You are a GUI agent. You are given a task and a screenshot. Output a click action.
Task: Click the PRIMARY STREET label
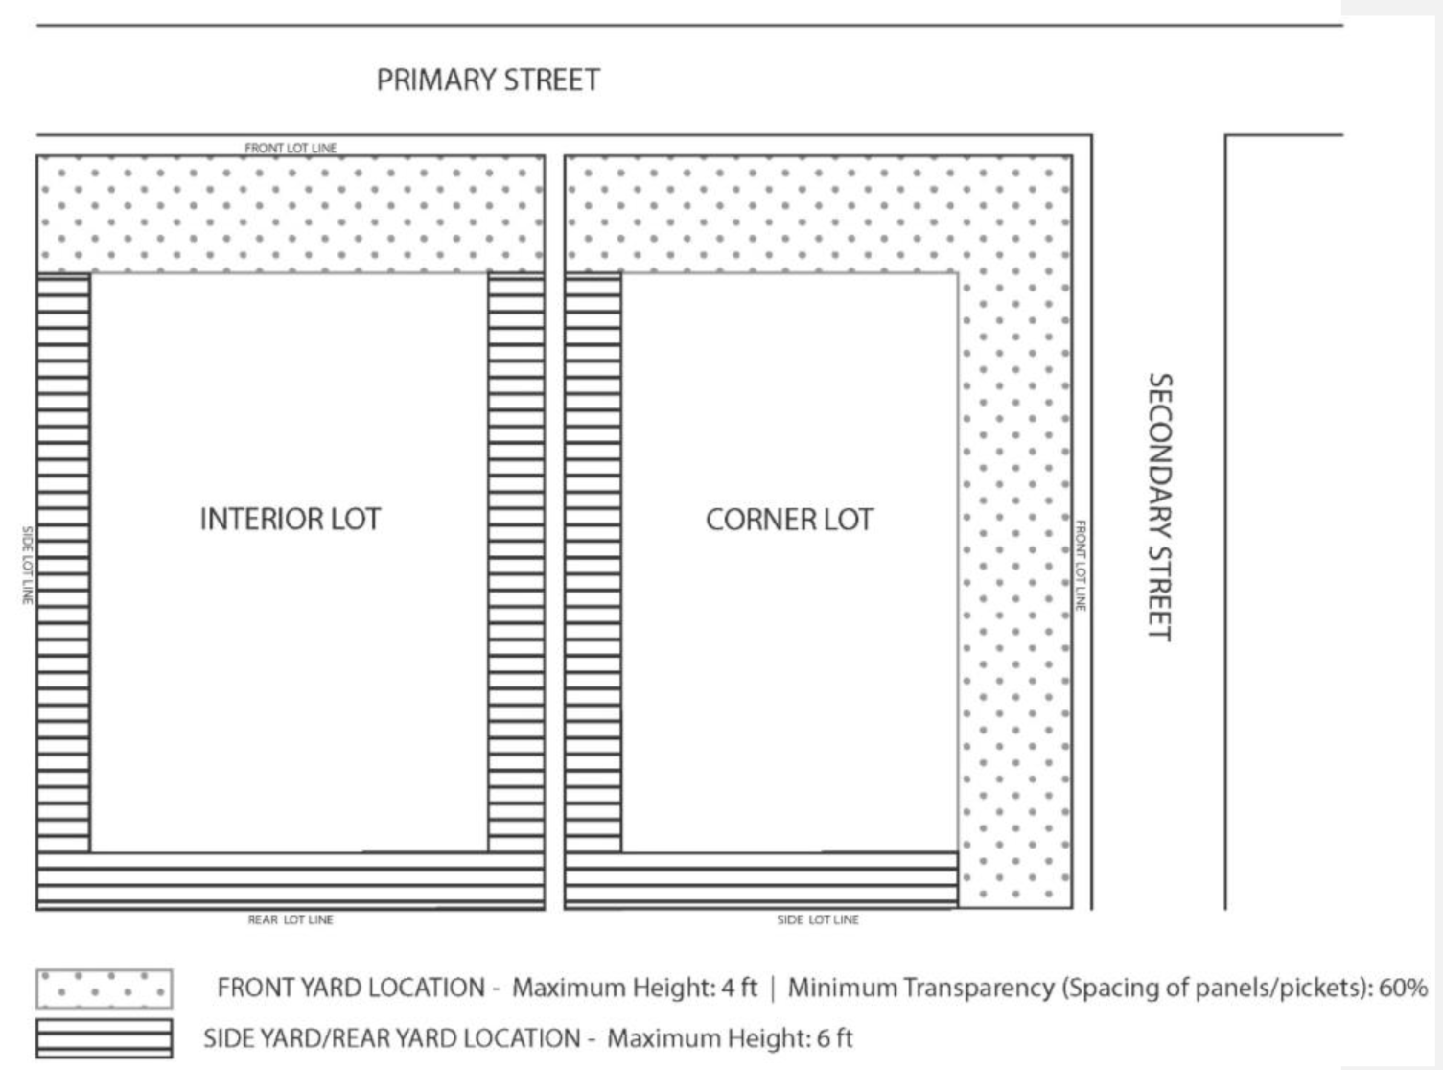487,80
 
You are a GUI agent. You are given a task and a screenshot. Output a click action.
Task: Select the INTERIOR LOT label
290,520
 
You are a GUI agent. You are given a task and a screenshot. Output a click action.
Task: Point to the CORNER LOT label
789,520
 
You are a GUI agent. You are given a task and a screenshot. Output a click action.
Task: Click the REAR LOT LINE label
291,919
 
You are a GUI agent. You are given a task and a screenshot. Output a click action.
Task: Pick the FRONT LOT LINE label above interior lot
291,148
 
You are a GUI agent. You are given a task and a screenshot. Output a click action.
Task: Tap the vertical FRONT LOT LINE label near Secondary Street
1080,566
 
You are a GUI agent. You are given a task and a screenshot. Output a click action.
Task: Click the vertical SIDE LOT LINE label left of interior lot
28,565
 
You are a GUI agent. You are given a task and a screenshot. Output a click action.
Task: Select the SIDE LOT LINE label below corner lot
818,919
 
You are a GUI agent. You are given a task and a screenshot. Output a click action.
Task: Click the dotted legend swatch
104,989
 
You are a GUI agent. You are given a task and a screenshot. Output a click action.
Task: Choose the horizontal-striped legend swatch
104,1038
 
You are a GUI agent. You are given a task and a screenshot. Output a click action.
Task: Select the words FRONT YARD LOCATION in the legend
351,988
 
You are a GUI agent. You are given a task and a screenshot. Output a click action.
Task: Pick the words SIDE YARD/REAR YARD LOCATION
391,1038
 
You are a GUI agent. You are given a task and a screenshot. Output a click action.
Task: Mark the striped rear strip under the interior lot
290,880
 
